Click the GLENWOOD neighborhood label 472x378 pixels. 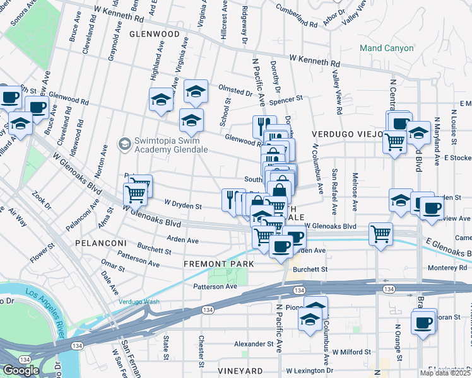(x=155, y=34)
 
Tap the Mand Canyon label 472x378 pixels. (x=386, y=48)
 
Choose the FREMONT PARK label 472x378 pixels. (x=219, y=264)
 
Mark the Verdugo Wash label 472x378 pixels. (x=139, y=302)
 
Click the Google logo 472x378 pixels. (x=21, y=370)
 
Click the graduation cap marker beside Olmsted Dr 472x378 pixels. (x=196, y=93)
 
